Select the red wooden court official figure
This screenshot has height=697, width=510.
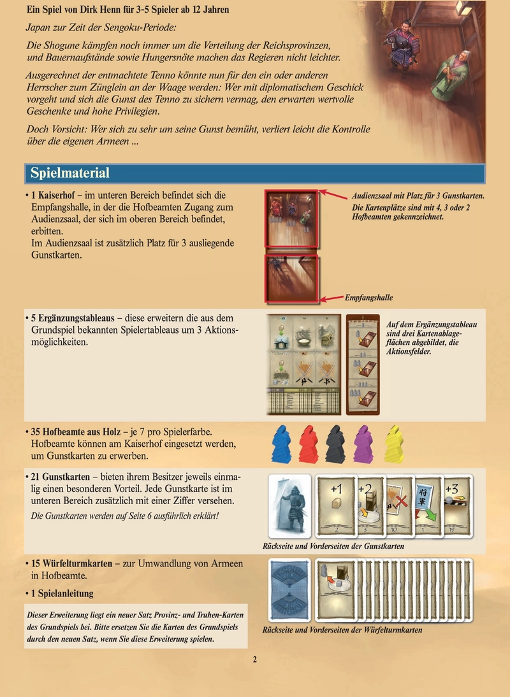[x=309, y=444]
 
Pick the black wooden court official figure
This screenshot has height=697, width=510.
[x=336, y=444]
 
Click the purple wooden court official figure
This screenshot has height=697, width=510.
[x=364, y=444]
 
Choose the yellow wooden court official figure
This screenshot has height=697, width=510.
[x=393, y=444]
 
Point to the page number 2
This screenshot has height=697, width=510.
[x=254, y=659]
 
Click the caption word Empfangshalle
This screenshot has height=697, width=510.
[x=369, y=297]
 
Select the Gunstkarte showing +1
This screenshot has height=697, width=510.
[x=337, y=503]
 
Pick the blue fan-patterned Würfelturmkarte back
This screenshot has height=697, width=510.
[x=290, y=589]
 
